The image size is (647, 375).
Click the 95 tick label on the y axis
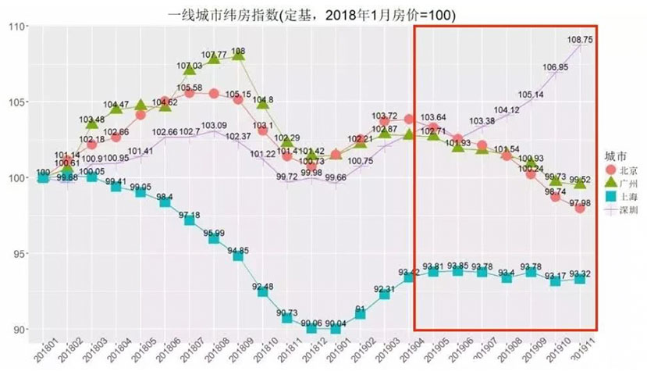click(x=17, y=254)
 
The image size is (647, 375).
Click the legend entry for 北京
click(x=620, y=170)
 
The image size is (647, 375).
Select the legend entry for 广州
click(x=620, y=183)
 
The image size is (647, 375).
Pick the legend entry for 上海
click(x=620, y=197)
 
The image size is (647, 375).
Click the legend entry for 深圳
click(x=620, y=210)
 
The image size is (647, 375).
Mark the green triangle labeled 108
click(x=239, y=55)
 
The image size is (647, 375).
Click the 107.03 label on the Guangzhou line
click(x=190, y=66)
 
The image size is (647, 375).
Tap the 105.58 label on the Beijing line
click(x=190, y=87)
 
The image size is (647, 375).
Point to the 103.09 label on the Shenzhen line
click(x=214, y=125)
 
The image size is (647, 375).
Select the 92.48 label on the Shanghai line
click(x=262, y=287)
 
